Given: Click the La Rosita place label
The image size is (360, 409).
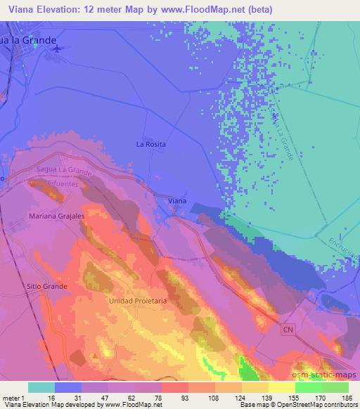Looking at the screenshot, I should [150, 144].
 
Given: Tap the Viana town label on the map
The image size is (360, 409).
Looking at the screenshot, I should [178, 202].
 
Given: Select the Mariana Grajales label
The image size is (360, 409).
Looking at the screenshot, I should [57, 216].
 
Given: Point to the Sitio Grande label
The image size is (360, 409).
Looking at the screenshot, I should [46, 287].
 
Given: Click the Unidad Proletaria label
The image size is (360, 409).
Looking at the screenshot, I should [138, 300].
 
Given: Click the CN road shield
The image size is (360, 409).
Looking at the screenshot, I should [288, 329].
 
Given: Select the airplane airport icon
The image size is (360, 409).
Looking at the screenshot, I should [56, 48].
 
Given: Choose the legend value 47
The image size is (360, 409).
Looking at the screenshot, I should [109, 397].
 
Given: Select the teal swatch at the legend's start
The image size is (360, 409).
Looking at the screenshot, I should [41, 387].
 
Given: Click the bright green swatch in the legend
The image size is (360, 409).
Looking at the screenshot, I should [309, 387].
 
